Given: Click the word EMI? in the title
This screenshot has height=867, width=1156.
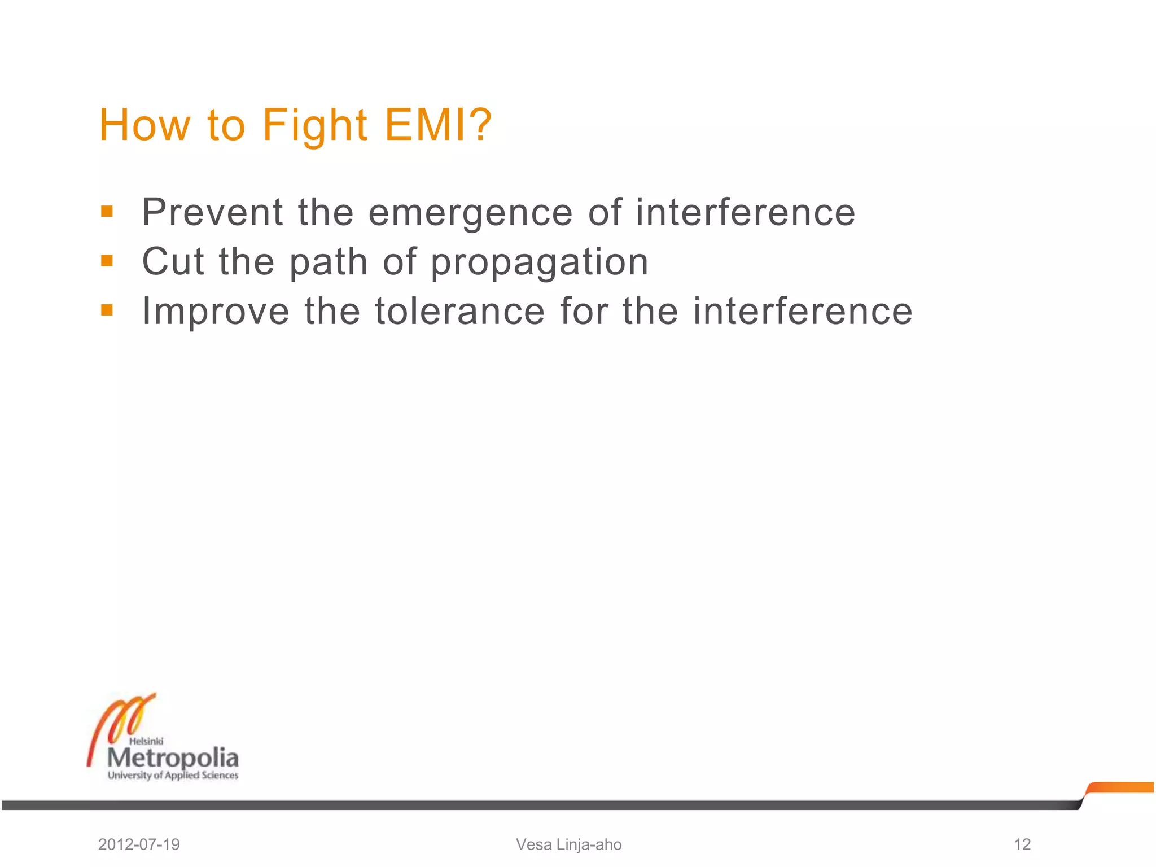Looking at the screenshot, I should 438,125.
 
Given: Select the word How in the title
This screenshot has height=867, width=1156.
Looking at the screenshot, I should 145,125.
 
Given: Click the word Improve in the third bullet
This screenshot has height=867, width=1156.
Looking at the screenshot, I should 216,312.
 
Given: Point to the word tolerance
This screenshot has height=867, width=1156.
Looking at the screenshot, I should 460,311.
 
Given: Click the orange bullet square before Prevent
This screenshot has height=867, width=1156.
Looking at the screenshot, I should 107,212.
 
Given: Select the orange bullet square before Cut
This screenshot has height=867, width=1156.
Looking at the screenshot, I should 107,261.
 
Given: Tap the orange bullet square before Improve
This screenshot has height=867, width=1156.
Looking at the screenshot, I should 107,310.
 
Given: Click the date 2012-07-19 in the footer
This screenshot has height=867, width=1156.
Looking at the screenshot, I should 139,844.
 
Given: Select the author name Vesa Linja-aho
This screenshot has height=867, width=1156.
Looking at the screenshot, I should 568,844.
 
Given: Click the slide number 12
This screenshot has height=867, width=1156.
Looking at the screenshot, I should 1022,844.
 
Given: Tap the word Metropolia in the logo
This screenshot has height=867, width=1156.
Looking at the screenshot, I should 173,758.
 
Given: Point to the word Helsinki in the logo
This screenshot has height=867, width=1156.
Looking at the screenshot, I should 146,741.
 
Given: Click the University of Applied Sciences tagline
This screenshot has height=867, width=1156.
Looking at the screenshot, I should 173,776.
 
